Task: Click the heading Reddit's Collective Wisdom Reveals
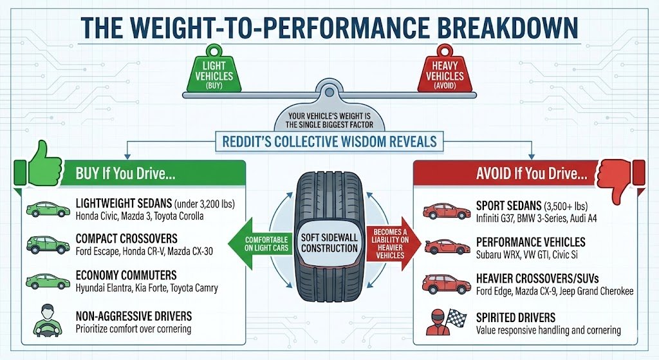tap(329, 140)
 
